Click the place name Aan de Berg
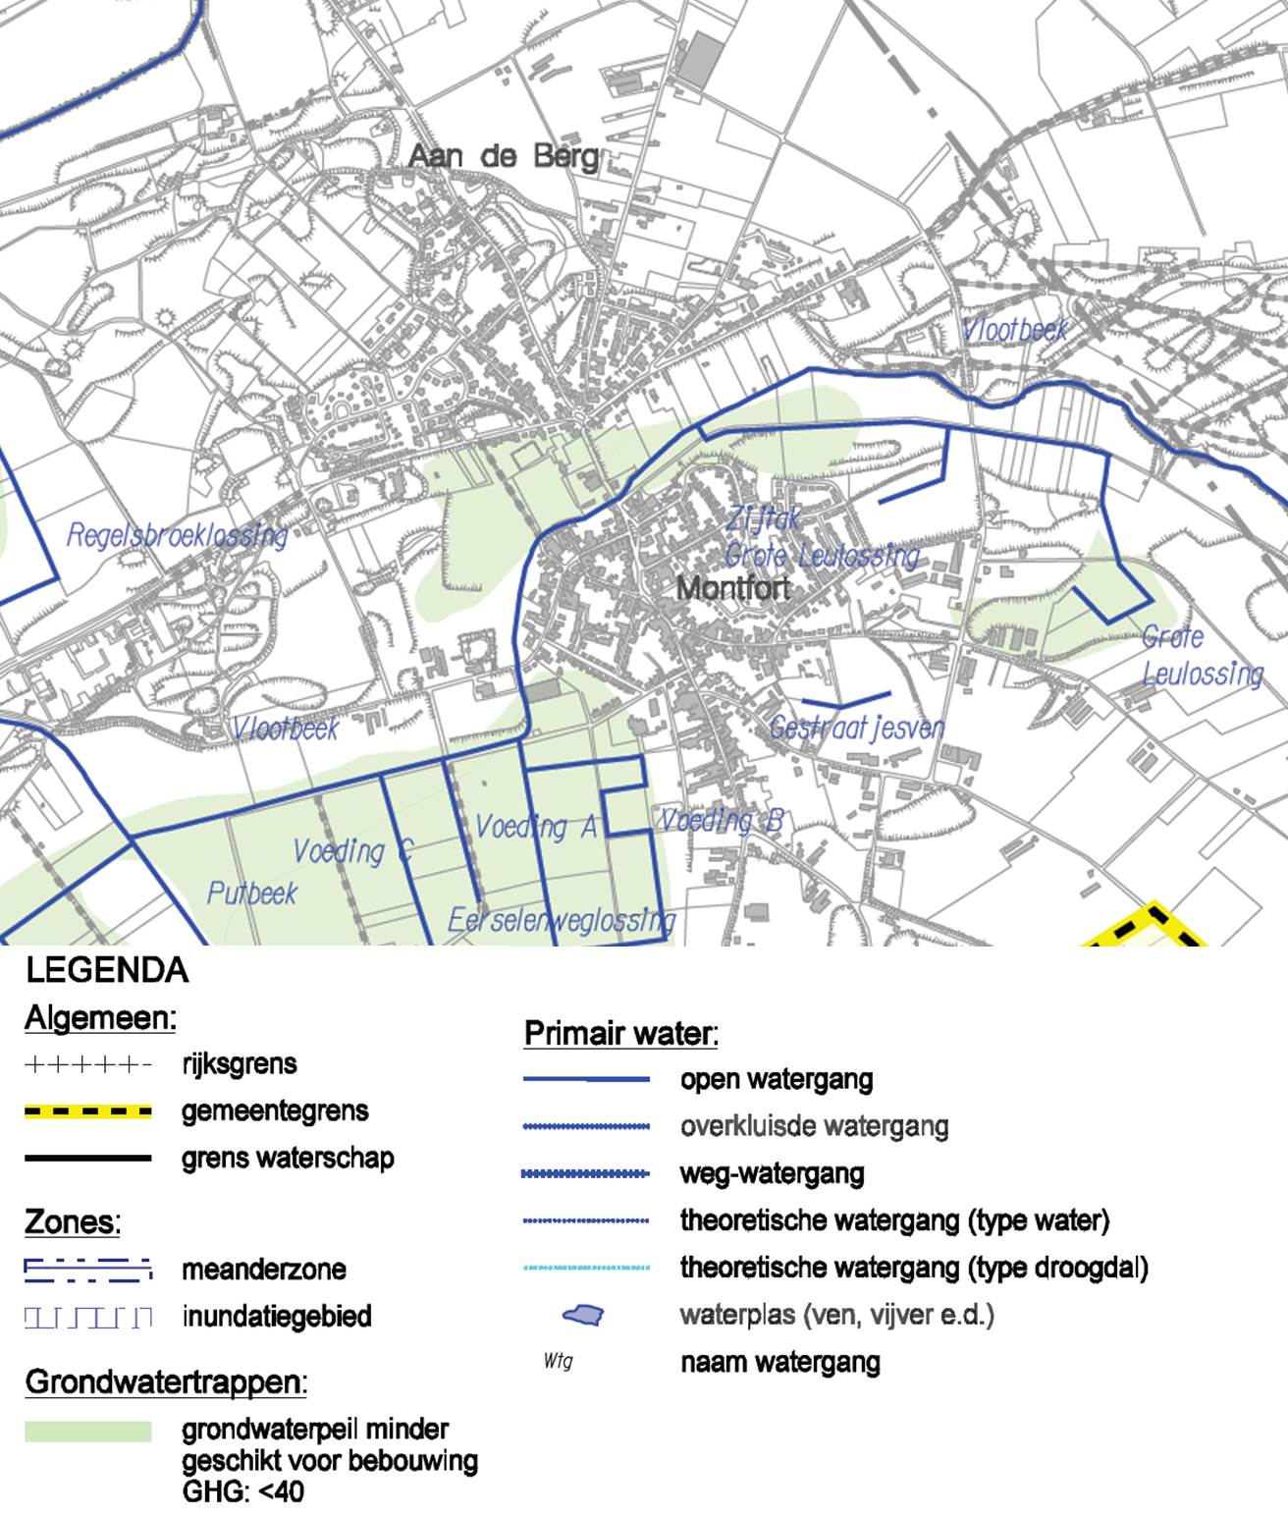[503, 156]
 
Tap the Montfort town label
[733, 588]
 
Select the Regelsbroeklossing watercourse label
[177, 536]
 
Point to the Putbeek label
[251, 893]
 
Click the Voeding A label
[535, 827]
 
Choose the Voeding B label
[721, 820]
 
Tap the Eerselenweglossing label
[562, 920]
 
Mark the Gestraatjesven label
[856, 728]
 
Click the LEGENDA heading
[107, 971]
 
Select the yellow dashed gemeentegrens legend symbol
[88, 1111]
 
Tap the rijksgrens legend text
[239, 1064]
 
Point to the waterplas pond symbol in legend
[582, 1315]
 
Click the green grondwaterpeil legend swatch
[88, 1432]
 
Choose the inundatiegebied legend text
[276, 1316]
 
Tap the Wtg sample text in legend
[558, 1362]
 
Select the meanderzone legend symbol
[88, 1270]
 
